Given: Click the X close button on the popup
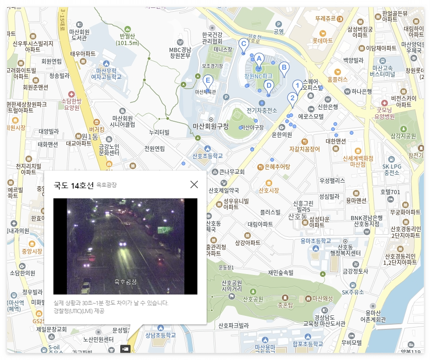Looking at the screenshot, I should point(194,184).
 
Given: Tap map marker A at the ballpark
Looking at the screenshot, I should point(259,59).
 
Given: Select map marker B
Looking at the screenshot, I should point(283,68).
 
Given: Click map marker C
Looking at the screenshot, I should point(243,44).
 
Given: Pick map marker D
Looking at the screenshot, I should point(268,86).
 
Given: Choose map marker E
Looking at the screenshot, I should point(208,80).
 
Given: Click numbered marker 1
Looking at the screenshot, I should point(297,85).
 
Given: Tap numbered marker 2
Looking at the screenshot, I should point(292,98).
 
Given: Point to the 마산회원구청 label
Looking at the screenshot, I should point(211,126).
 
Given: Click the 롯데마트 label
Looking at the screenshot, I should point(322,41).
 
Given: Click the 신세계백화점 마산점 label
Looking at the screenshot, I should point(358,161).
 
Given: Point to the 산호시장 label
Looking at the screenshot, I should point(269,190).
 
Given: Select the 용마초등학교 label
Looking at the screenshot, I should point(316,241).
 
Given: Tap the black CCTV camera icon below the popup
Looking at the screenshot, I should point(125,348).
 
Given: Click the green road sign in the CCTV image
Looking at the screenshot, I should point(164,229).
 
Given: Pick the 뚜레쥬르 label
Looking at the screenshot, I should point(325,19).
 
